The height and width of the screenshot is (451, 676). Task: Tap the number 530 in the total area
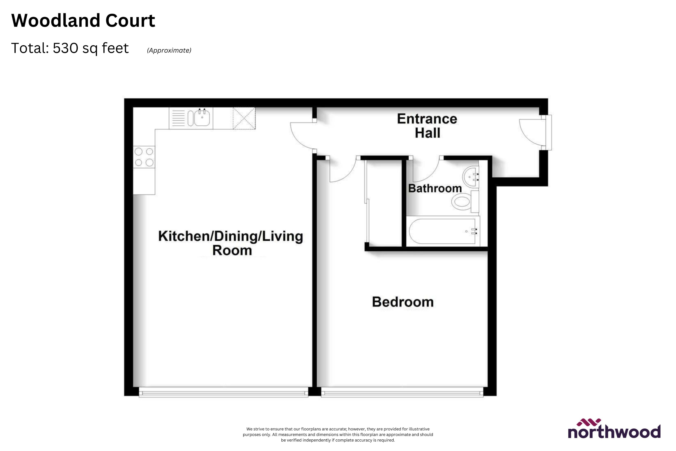[65, 48]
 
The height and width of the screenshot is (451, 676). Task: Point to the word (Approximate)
[169, 50]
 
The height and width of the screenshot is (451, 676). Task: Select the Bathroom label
[435, 188]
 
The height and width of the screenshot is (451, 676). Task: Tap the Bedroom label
[403, 302]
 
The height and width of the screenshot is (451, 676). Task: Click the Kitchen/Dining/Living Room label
[231, 243]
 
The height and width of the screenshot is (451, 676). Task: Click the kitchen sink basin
[202, 118]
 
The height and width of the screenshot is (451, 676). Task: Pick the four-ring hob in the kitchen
[144, 157]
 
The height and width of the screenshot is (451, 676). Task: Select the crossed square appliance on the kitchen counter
[244, 118]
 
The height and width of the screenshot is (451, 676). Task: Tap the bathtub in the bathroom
[443, 231]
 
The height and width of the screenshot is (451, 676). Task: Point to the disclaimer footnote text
[338, 434]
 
